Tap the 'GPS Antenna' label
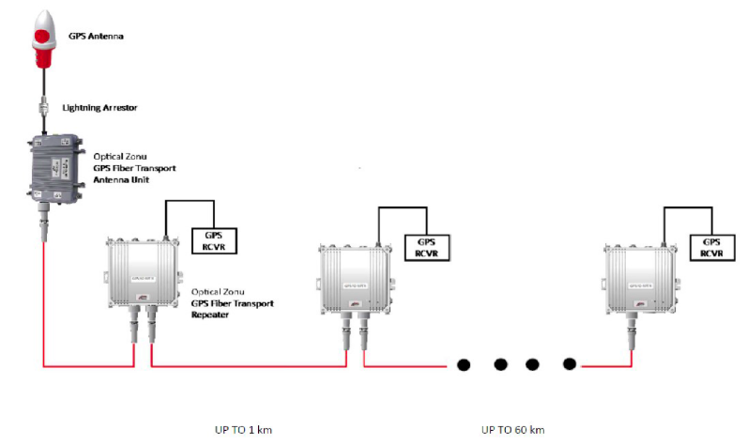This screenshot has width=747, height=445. (x=96, y=37)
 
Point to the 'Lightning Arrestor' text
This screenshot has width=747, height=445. (x=99, y=108)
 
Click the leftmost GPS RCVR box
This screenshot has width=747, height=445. (x=214, y=240)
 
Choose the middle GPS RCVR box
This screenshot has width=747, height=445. (x=426, y=247)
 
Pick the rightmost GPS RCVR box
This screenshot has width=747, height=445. (x=711, y=247)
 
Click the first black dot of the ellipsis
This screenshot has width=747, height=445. (x=464, y=363)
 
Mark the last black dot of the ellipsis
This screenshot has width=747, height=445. (x=568, y=363)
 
